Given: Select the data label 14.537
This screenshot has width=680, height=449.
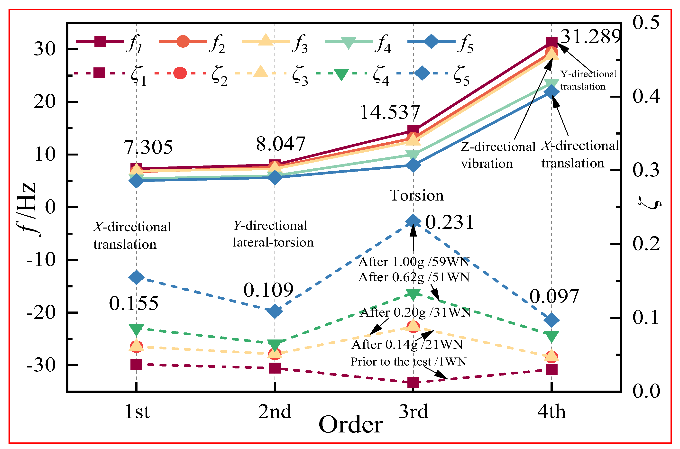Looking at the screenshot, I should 390,112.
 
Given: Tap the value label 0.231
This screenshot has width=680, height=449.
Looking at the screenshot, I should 449,222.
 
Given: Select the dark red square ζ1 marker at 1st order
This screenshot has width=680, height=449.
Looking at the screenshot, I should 136,365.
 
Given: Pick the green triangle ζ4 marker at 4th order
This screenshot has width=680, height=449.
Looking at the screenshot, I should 551,336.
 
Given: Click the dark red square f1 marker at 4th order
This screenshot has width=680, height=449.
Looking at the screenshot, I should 551,42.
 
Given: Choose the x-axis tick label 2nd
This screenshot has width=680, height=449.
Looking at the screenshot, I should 275,412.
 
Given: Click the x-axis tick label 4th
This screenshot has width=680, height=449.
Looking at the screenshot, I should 551,412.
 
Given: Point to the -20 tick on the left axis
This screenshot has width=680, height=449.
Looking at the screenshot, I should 41,312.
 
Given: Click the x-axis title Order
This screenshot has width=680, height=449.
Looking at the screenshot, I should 350,425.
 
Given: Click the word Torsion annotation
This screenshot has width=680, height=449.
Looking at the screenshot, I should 416,196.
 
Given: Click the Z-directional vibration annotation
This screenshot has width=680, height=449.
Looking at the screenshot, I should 498,155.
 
